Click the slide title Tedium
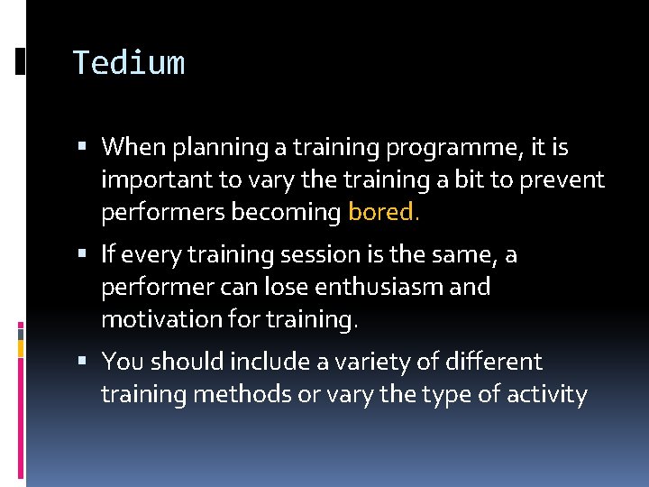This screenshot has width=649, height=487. (128, 63)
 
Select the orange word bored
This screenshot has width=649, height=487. (383, 212)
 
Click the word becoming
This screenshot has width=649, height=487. (291, 212)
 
